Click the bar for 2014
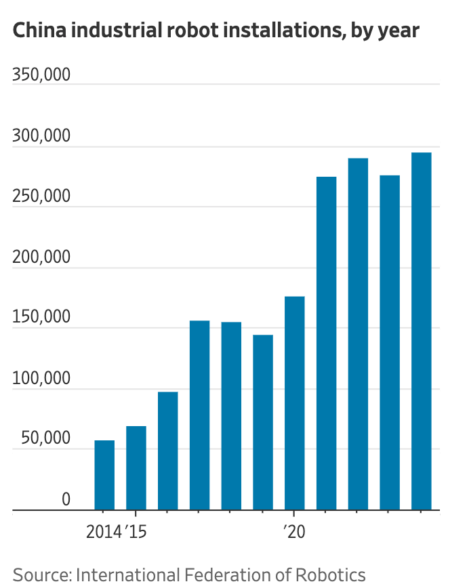coord(104,475)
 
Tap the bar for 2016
coord(168,451)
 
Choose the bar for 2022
coord(358,334)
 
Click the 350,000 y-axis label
coord(41,75)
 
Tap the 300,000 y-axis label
coord(41,135)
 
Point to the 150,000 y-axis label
coord(41,318)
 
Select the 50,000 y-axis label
coord(45,439)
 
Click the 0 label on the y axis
coord(66,499)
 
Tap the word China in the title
coord(39,31)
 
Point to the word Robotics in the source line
coord(330,575)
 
